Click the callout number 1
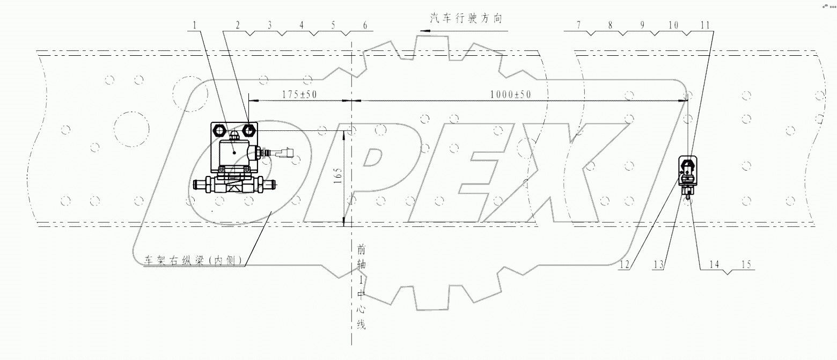(x=195, y=25)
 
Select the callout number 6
(x=365, y=25)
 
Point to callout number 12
(x=623, y=264)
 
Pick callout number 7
(x=578, y=25)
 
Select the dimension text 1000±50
(x=510, y=94)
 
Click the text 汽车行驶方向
(x=465, y=18)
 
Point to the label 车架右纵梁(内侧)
(x=193, y=261)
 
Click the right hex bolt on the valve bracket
(x=248, y=130)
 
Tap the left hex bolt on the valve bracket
(x=220, y=130)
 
